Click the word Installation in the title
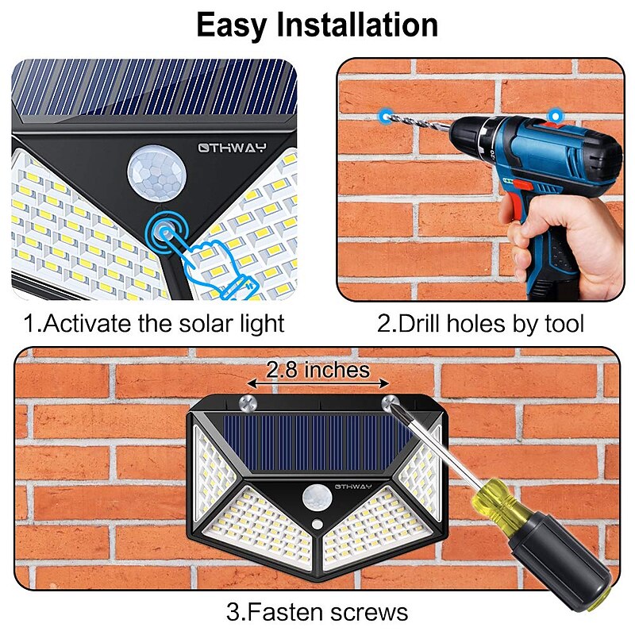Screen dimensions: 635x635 (357, 25)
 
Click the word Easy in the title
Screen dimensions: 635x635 (231, 26)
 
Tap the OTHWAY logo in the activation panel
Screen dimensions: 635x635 (233, 148)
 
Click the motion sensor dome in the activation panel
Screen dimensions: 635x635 (157, 173)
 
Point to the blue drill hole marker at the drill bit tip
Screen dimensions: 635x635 (385, 116)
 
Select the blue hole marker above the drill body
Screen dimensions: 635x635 (556, 116)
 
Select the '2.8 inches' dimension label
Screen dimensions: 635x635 (318, 370)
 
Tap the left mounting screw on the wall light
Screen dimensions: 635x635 (248, 403)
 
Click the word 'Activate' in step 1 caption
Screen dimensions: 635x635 (87, 324)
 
